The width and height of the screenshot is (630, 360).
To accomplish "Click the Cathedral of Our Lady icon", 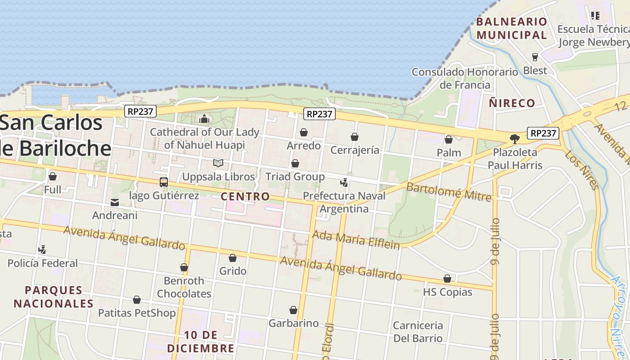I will click(204, 119).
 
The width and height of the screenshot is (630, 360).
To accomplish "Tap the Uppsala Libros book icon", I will click(218, 163).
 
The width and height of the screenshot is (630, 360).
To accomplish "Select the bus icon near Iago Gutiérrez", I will click(164, 182).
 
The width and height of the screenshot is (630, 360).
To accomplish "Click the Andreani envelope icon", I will click(115, 202).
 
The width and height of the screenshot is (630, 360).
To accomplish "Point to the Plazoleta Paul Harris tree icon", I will click(515, 139).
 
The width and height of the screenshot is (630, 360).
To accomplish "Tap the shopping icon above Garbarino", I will click(293, 310).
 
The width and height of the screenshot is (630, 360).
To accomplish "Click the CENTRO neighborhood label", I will click(245, 197).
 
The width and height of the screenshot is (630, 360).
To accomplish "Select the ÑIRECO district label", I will click(512, 103).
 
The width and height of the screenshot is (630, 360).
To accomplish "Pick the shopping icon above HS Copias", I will click(447, 279).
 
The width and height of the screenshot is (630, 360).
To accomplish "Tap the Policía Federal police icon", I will click(42, 250).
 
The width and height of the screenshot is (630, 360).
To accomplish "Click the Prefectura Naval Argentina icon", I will click(344, 183).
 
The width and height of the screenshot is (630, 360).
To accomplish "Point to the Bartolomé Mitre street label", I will click(448, 191).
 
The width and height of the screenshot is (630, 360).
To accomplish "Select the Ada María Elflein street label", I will click(355, 240).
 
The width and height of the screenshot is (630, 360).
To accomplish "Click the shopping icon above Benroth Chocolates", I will click(184, 268).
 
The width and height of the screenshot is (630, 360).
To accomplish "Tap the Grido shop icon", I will click(233, 258).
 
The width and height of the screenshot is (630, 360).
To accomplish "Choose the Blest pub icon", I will click(535, 57).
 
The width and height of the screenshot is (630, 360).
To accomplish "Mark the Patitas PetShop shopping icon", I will click(137, 300).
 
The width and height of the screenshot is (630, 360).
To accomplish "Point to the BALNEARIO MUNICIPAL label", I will click(512, 28).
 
